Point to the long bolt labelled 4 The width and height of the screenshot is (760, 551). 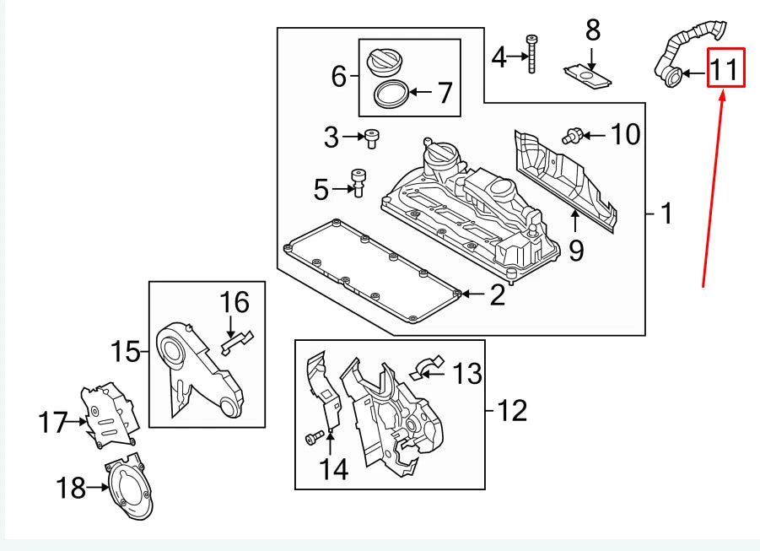pyautogui.click(x=531, y=56)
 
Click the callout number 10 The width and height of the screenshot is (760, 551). pyautogui.click(x=625, y=134)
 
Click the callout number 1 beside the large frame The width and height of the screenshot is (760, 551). pyautogui.click(x=666, y=214)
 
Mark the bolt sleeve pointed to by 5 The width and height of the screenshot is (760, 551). pyautogui.click(x=358, y=181)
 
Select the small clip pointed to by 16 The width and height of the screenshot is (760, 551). pyautogui.click(x=237, y=340)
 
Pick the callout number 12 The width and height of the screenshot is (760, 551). pyautogui.click(x=512, y=411)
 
